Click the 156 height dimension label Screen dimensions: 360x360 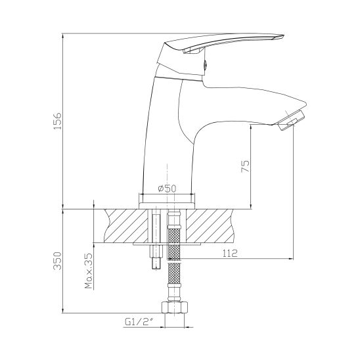point(58,121)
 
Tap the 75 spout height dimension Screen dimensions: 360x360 point(245,166)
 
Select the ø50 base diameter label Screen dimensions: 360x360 point(167,189)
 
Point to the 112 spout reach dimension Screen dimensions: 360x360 point(230,253)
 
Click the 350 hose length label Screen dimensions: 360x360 point(58,261)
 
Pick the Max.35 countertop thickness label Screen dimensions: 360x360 point(89,271)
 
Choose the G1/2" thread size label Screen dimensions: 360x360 point(139,322)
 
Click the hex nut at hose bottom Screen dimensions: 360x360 point(175,307)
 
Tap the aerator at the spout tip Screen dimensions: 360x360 point(291,120)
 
